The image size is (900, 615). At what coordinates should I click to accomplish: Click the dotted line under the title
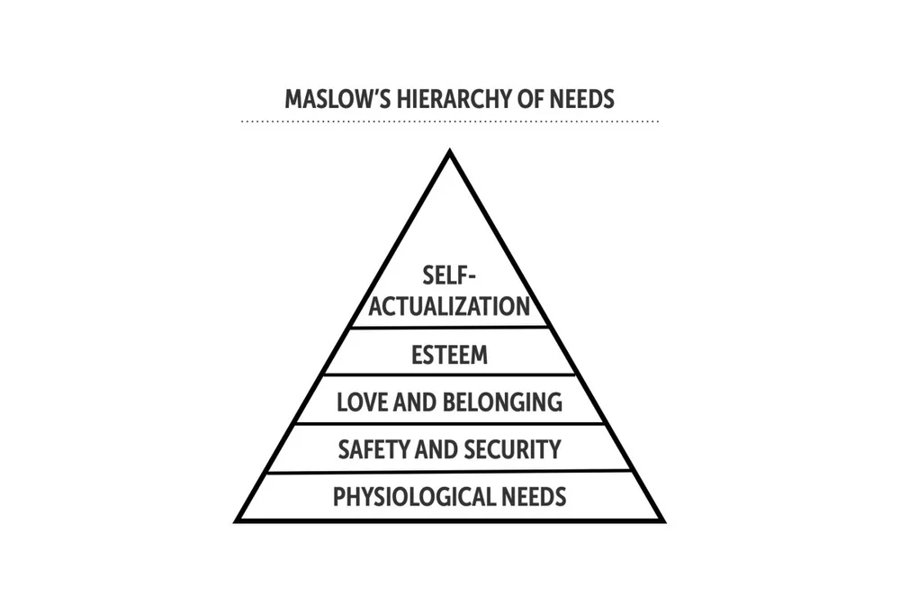coord(450,121)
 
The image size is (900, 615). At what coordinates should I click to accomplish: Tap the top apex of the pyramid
coord(449,152)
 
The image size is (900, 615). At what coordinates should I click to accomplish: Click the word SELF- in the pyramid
coord(450,276)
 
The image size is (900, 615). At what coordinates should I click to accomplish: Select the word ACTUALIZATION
coord(450,306)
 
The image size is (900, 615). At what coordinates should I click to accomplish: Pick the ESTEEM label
coord(450,355)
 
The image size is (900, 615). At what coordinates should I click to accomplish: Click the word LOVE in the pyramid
coord(360,402)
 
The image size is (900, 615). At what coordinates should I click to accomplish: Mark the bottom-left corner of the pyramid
coord(238,520)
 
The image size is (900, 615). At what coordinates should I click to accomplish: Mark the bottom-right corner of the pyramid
coord(662,520)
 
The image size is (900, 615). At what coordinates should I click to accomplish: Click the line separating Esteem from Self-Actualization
coord(450,327)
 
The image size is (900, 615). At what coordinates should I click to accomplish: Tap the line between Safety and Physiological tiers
coord(450,471)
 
